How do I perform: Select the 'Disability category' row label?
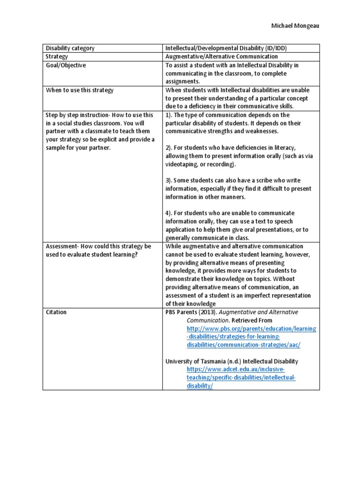click(x=70, y=48)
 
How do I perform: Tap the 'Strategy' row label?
click(x=57, y=57)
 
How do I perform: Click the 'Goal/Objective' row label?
click(x=66, y=66)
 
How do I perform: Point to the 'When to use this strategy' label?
click(x=79, y=90)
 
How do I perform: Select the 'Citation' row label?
click(x=56, y=312)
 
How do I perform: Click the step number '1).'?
click(x=170, y=115)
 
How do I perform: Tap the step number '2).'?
click(x=170, y=148)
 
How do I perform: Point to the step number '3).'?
click(x=170, y=180)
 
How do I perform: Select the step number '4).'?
click(x=170, y=213)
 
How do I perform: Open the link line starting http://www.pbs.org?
click(x=251, y=328)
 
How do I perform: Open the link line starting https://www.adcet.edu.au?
click(x=236, y=369)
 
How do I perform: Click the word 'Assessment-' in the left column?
click(x=62, y=246)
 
